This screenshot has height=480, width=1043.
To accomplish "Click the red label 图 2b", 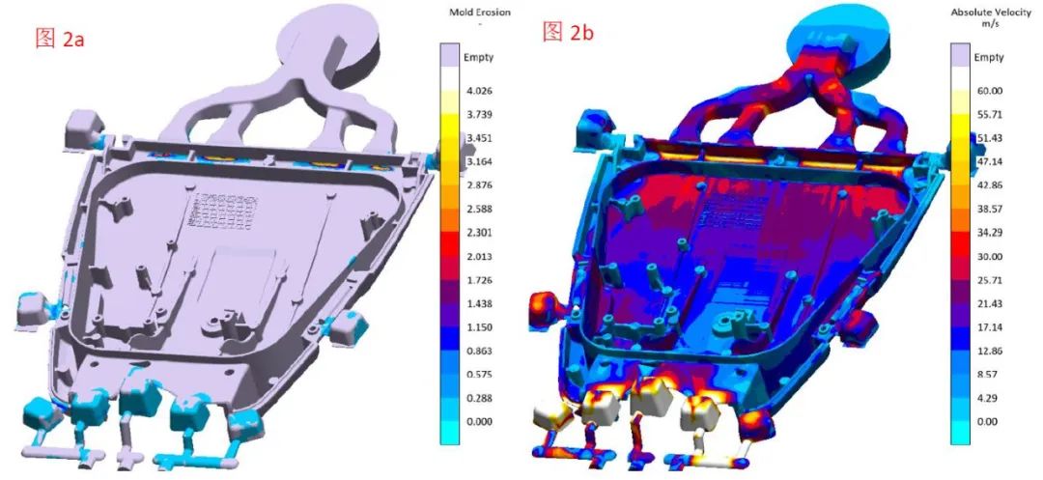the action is click(x=568, y=31).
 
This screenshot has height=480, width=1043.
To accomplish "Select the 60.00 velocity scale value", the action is click(x=988, y=91).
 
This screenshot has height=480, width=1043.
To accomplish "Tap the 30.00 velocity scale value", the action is click(x=988, y=257).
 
